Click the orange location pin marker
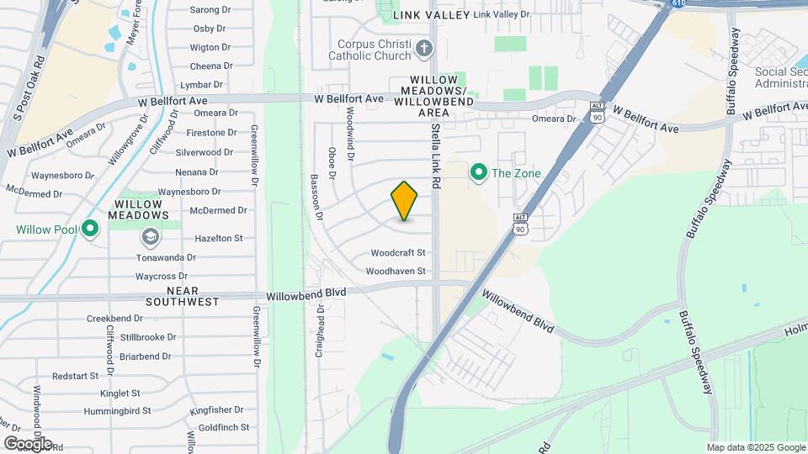coord(405,201)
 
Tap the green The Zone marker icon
coord(478,173)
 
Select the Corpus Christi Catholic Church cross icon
coord(423,49)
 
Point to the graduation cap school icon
coord(150,238)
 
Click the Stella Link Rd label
coord(436,156)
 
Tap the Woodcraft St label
coord(398,252)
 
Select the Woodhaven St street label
coord(396,271)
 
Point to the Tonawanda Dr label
coord(166,257)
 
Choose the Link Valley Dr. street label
coord(502,15)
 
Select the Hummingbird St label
coord(117,411)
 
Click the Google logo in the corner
coord(28,443)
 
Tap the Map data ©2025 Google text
coord(755,447)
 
